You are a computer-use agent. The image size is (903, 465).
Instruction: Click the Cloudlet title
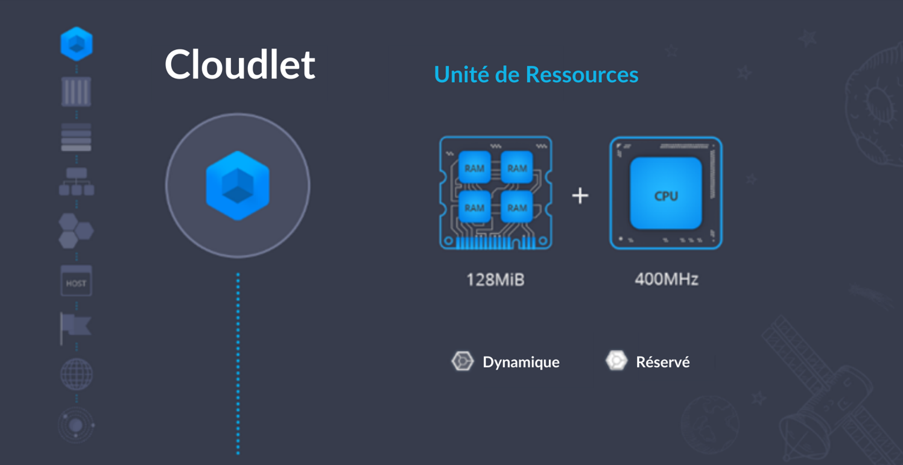pos(239,65)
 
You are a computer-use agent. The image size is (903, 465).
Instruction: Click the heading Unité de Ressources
pos(536,75)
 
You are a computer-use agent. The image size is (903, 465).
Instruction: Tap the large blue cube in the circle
pos(238,185)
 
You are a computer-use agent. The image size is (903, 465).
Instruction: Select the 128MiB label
pos(495,280)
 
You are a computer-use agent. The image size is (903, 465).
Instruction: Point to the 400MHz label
pos(666,280)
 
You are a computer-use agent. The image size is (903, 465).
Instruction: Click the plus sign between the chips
pos(580,195)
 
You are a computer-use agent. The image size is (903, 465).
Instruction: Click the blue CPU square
pos(666,194)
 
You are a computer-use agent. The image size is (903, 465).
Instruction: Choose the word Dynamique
pos(521,362)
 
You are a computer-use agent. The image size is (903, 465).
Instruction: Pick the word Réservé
pos(662,362)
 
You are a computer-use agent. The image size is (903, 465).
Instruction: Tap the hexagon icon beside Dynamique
pos(463,361)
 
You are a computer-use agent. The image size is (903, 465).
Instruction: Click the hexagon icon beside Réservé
pos(616,361)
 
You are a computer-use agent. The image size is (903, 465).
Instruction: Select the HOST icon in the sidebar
pos(76,282)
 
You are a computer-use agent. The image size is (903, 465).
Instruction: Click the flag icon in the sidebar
pos(75,327)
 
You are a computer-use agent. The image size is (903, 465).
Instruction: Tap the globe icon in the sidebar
pos(77,374)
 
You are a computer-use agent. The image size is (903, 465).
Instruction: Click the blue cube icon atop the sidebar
pos(77,43)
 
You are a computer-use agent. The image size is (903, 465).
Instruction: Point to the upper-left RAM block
pos(474,168)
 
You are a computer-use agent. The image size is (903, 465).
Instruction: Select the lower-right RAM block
pos(517,207)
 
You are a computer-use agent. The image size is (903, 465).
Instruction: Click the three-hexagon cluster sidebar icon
pos(76,231)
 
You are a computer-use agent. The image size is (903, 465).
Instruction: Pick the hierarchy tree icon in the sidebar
pos(77,182)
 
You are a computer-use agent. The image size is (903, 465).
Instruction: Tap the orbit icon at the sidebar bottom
pos(76,425)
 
